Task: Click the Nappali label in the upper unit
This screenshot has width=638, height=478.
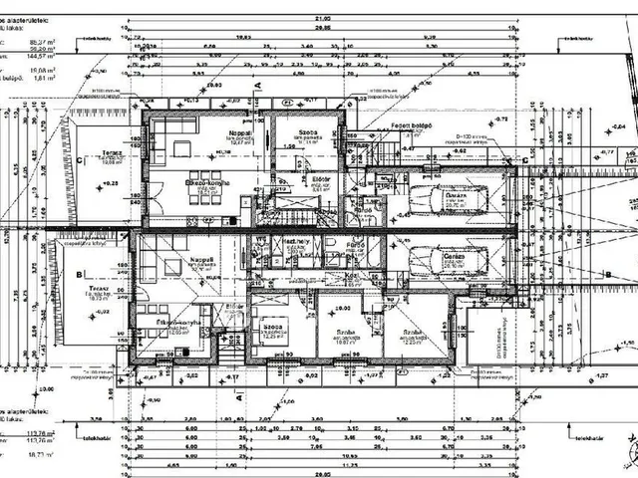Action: point(238,132)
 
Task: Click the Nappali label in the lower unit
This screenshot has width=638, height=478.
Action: point(203,260)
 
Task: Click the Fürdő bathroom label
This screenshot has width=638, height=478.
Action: point(355,244)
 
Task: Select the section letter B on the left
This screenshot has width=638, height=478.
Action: point(77,273)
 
